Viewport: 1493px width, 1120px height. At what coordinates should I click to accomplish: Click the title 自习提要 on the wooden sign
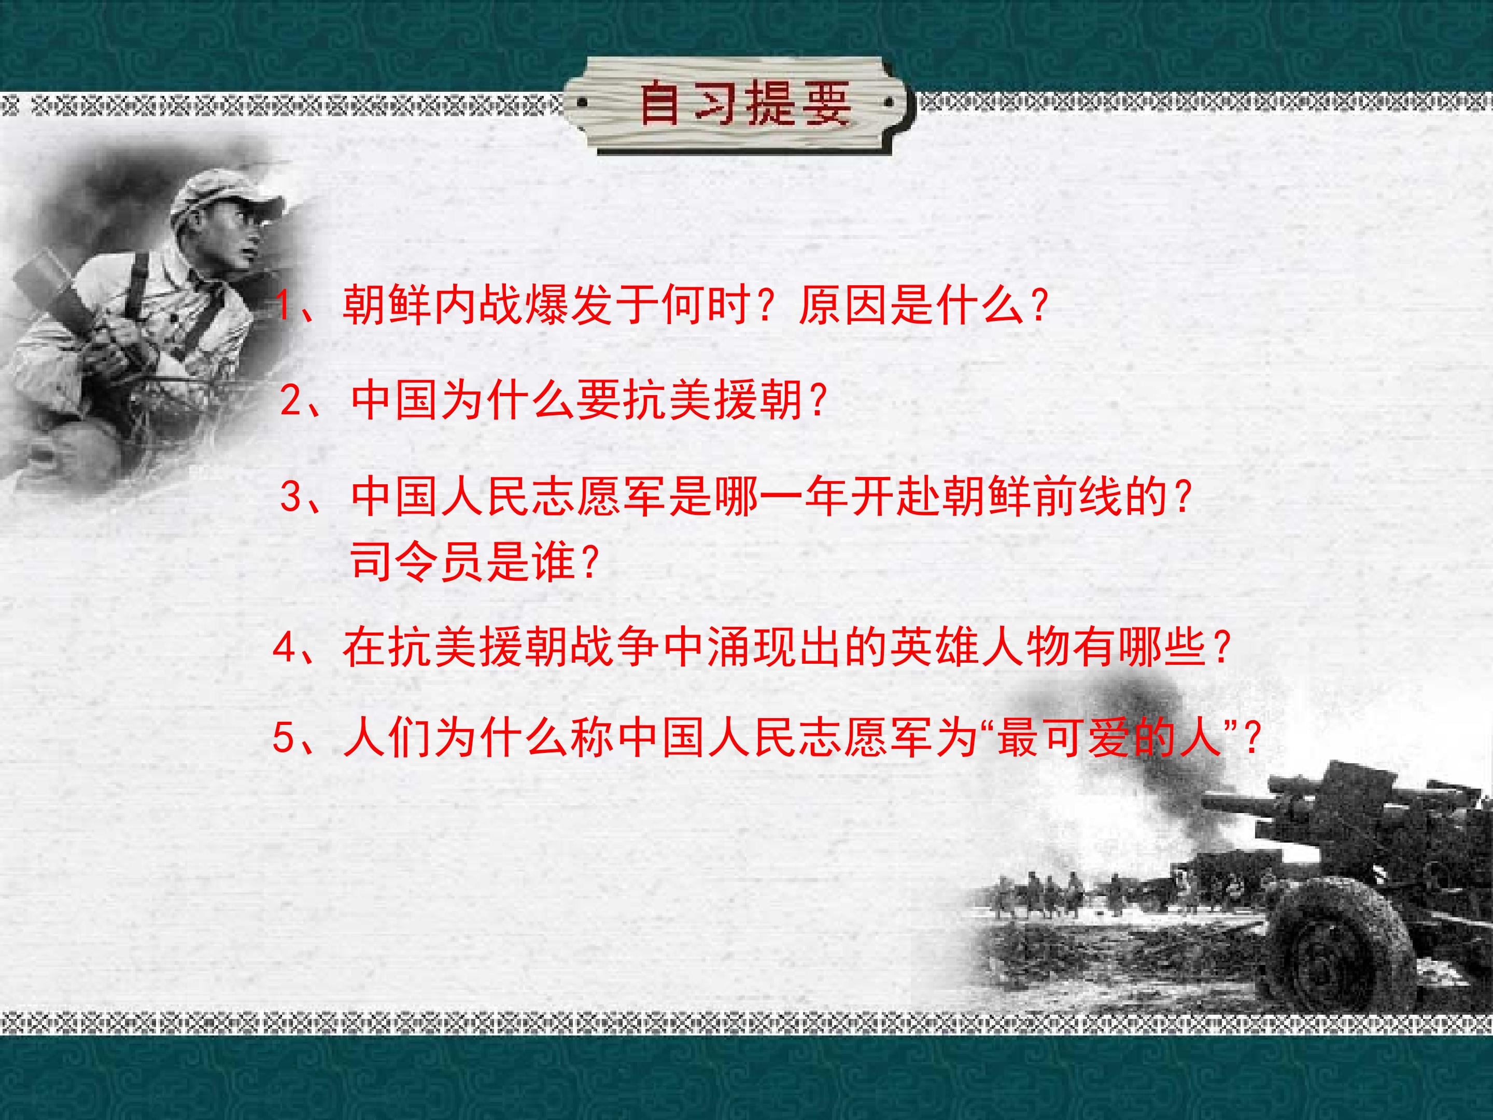pos(743,105)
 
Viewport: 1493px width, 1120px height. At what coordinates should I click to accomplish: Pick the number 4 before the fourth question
pos(284,648)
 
